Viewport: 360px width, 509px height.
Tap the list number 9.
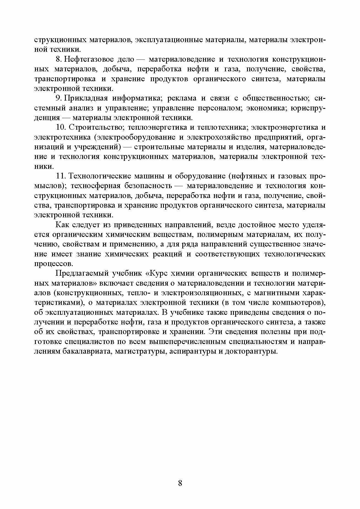[58, 98]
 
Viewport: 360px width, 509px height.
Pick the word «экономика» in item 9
[265, 108]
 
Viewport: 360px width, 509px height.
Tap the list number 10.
[60, 128]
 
